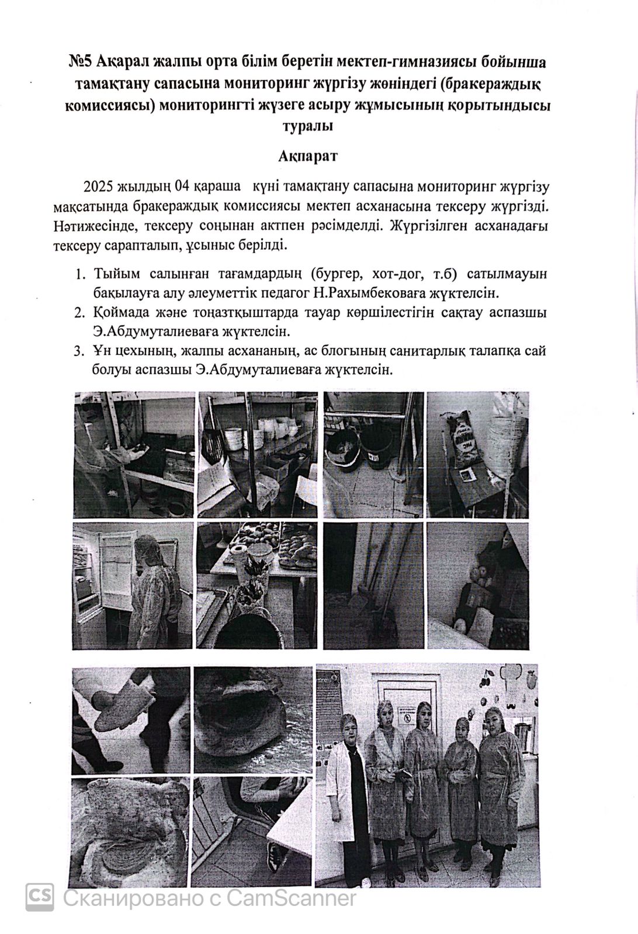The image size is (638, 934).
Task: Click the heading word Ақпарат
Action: [307, 156]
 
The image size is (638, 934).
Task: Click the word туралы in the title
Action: [307, 127]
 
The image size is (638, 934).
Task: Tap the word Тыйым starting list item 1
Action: [115, 274]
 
